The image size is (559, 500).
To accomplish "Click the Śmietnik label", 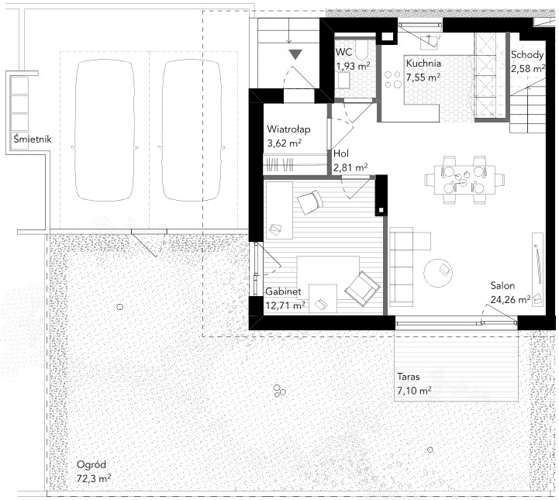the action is (33, 139).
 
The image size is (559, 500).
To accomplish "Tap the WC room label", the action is (343, 52).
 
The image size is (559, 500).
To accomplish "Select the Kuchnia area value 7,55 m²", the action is (423, 77).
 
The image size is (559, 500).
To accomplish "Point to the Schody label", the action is (527, 55).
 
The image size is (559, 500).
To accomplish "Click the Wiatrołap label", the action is (288, 129).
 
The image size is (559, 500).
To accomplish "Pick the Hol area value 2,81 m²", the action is (350, 167).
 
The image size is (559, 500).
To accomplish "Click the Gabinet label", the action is (283, 291).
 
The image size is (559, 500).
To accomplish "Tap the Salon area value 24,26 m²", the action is (510, 299).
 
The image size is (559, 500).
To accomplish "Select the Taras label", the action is (408, 377).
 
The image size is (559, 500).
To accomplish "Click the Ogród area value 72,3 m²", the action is (93, 478).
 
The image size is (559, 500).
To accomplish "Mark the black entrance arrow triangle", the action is (295, 54).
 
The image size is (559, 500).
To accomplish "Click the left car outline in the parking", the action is (105, 130).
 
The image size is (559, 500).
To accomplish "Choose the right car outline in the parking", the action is (192, 130).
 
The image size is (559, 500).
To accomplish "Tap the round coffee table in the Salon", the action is (438, 273).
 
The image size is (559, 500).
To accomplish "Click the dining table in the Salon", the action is (464, 180).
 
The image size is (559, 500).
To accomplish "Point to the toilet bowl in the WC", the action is (361, 51).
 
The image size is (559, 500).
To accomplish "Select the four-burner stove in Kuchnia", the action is (392, 79).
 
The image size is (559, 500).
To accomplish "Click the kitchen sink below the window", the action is (430, 42).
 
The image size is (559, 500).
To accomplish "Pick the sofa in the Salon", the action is (402, 267).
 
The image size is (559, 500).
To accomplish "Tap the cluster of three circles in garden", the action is (279, 391).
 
